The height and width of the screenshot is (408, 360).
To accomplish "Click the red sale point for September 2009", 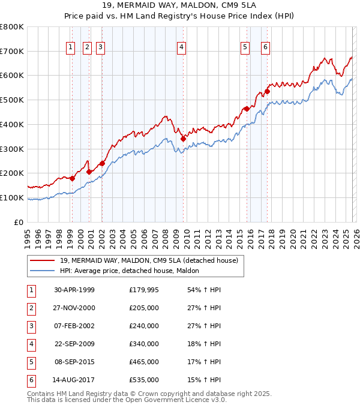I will [183, 139].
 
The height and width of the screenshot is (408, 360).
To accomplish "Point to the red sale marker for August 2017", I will [267, 91].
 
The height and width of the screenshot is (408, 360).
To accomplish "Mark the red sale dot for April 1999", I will [72, 178].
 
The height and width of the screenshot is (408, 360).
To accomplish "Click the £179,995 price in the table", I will [144, 290].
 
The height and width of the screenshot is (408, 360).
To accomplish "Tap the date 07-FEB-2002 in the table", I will [74, 326].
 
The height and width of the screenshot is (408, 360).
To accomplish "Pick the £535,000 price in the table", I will [144, 380].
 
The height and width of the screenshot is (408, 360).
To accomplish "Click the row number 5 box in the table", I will [30, 362].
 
